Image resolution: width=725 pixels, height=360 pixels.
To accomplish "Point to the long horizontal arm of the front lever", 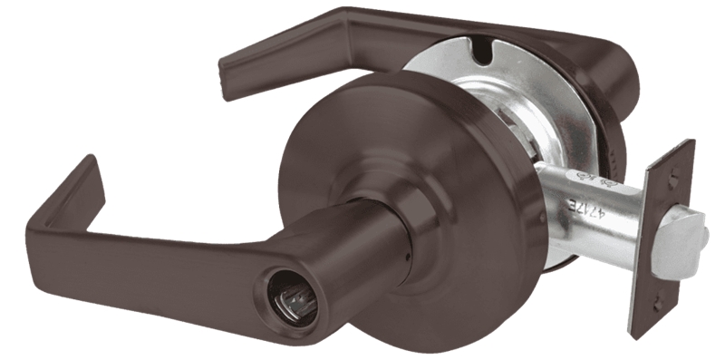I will click(x=181, y=272).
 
